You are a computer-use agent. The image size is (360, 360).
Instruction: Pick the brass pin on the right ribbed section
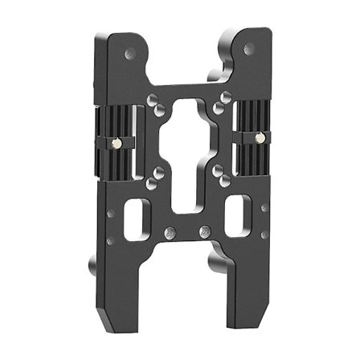259,138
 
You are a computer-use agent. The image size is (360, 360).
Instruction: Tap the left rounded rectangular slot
137,219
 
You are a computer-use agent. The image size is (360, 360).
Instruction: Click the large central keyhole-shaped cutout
187,161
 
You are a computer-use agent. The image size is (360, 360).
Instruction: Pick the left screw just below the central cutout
167,233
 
